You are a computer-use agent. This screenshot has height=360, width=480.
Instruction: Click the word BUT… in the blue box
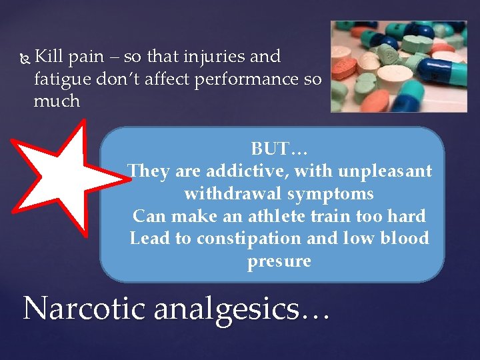[279, 148]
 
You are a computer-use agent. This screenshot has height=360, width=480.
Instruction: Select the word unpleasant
[385, 171]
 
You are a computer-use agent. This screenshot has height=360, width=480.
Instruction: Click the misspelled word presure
[279, 261]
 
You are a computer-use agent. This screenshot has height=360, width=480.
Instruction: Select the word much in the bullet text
[57, 101]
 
